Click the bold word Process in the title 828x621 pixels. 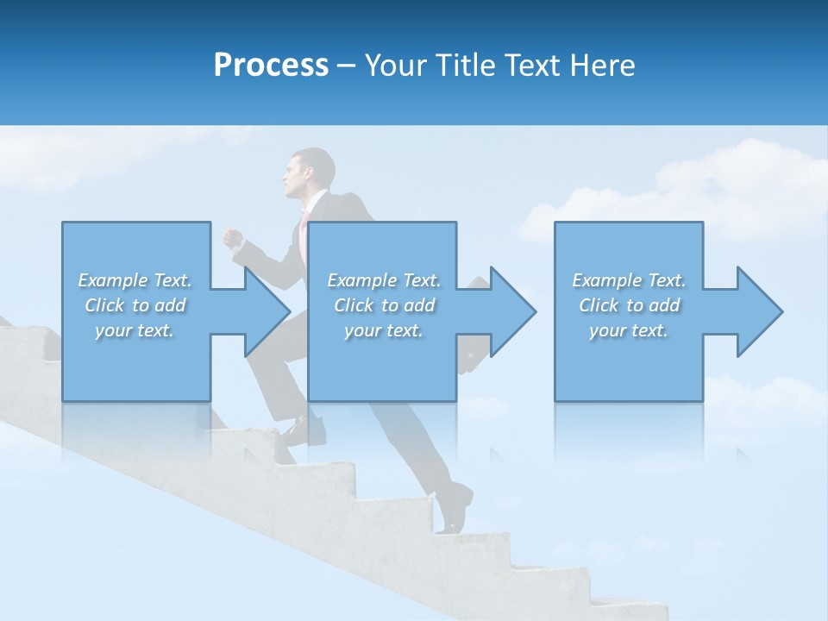(271, 66)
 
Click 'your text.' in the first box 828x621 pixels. (135, 330)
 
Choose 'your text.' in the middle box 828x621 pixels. (383, 330)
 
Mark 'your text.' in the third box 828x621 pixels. (628, 330)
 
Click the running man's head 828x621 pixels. (310, 172)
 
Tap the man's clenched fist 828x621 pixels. (232, 238)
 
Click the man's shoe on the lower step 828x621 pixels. (457, 508)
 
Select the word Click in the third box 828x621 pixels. (599, 305)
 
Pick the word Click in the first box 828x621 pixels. (104, 305)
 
